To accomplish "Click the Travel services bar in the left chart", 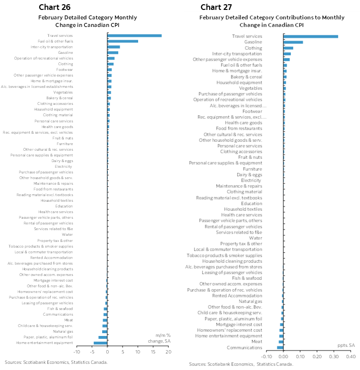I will [134, 35].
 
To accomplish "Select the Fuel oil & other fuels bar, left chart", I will [123, 41].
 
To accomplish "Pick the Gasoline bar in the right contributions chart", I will [293, 42].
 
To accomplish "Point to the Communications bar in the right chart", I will [280, 347].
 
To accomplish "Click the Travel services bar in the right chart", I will [310, 36].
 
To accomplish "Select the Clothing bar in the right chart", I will [288, 48].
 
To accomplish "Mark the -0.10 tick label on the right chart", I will [266, 356].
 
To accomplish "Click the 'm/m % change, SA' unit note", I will [158, 338].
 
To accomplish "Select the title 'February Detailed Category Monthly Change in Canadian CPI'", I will [88, 21].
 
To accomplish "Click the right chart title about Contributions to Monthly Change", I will [272, 21].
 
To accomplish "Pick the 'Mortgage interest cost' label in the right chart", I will [239, 324].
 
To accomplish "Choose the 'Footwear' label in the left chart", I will [64, 69].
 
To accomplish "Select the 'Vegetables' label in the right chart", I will [251, 88].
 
